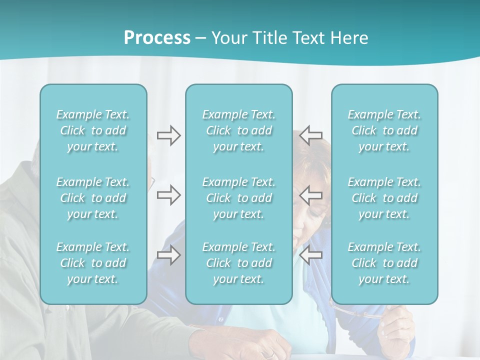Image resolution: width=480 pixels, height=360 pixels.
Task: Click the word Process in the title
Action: pyautogui.click(x=157, y=38)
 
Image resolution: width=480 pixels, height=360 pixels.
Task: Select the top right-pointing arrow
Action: pyautogui.click(x=168, y=135)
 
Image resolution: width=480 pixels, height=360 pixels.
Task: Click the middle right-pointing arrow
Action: pyautogui.click(x=168, y=195)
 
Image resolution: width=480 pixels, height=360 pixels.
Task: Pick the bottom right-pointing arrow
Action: pyautogui.click(x=168, y=255)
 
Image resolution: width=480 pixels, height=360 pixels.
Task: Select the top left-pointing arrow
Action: pyautogui.click(x=310, y=135)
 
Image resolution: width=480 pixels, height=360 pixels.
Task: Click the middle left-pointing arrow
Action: pyautogui.click(x=310, y=195)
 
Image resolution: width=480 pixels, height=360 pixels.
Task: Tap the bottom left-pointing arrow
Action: pyautogui.click(x=310, y=255)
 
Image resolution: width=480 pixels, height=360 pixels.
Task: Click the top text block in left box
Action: pyautogui.click(x=93, y=130)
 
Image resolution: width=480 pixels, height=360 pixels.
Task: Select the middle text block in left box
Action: pyautogui.click(x=93, y=198)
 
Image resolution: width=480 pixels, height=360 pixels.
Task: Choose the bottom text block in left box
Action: pyautogui.click(x=93, y=263)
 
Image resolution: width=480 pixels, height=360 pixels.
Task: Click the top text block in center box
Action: pyautogui.click(x=238, y=130)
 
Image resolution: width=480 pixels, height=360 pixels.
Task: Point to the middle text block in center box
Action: pyautogui.click(x=238, y=198)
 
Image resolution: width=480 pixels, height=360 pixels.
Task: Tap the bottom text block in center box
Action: pyautogui.click(x=238, y=263)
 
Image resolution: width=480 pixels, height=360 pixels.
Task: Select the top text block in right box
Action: pyautogui.click(x=384, y=130)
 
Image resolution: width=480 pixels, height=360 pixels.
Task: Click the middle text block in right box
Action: pyautogui.click(x=384, y=198)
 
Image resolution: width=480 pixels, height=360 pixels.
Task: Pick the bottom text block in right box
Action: pyautogui.click(x=384, y=263)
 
